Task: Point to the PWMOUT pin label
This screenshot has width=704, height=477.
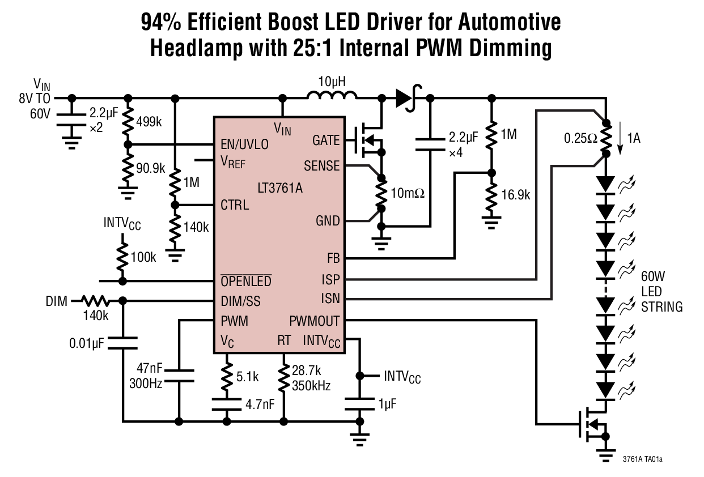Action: click(314, 321)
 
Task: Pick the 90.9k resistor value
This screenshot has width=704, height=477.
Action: click(150, 168)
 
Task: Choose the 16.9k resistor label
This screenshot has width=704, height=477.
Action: click(515, 195)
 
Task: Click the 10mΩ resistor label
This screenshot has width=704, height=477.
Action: click(407, 194)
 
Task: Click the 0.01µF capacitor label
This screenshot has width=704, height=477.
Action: click(87, 343)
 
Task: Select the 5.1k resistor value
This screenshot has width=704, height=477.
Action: click(248, 376)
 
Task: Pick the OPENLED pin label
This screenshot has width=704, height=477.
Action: click(245, 282)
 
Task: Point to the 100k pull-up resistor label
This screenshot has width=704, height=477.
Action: click(143, 257)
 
